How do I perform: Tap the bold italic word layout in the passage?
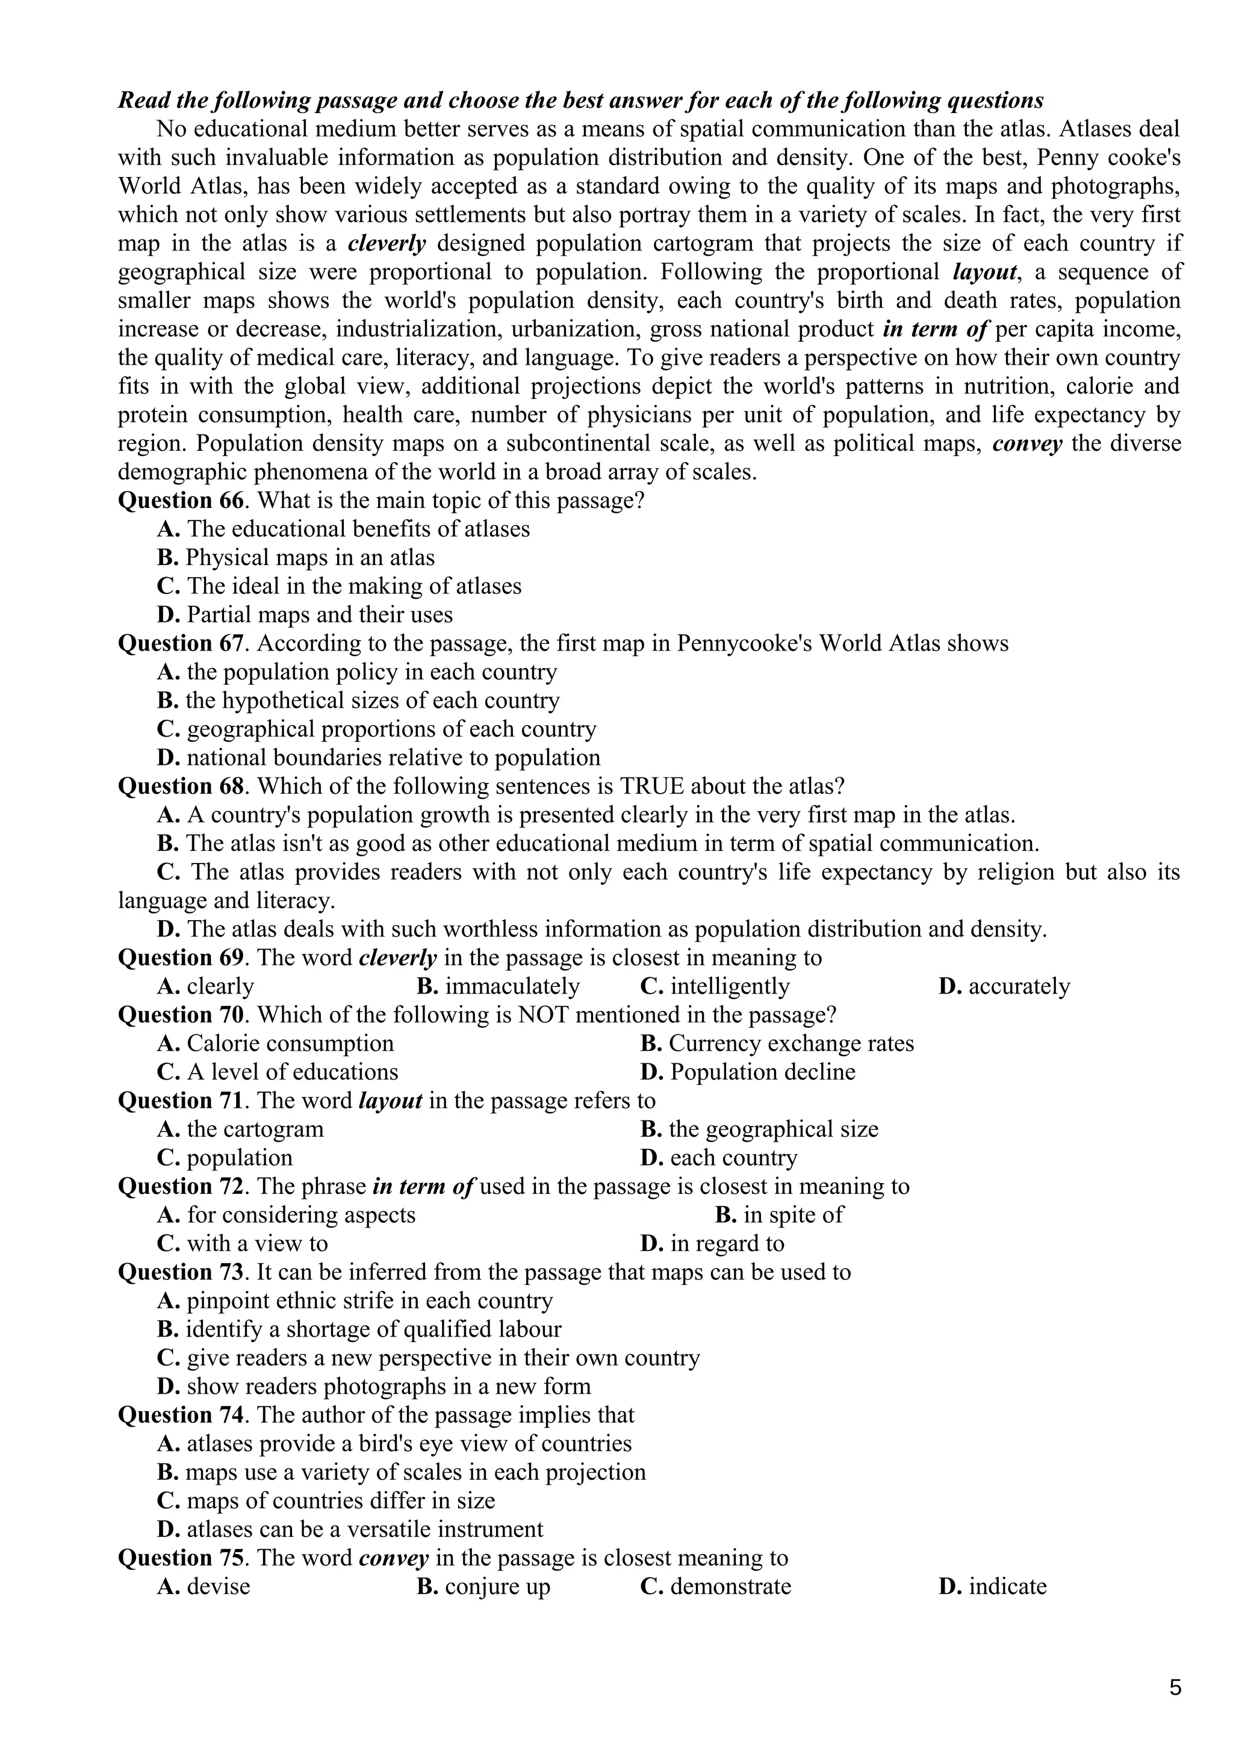(984, 272)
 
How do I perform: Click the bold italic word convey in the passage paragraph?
(1026, 444)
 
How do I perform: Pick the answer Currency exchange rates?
(791, 1044)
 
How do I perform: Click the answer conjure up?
(497, 1587)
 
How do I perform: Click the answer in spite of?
(792, 1216)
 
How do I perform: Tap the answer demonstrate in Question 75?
(730, 1587)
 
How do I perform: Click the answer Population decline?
(762, 1072)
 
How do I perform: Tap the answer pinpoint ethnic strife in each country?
(369, 1301)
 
